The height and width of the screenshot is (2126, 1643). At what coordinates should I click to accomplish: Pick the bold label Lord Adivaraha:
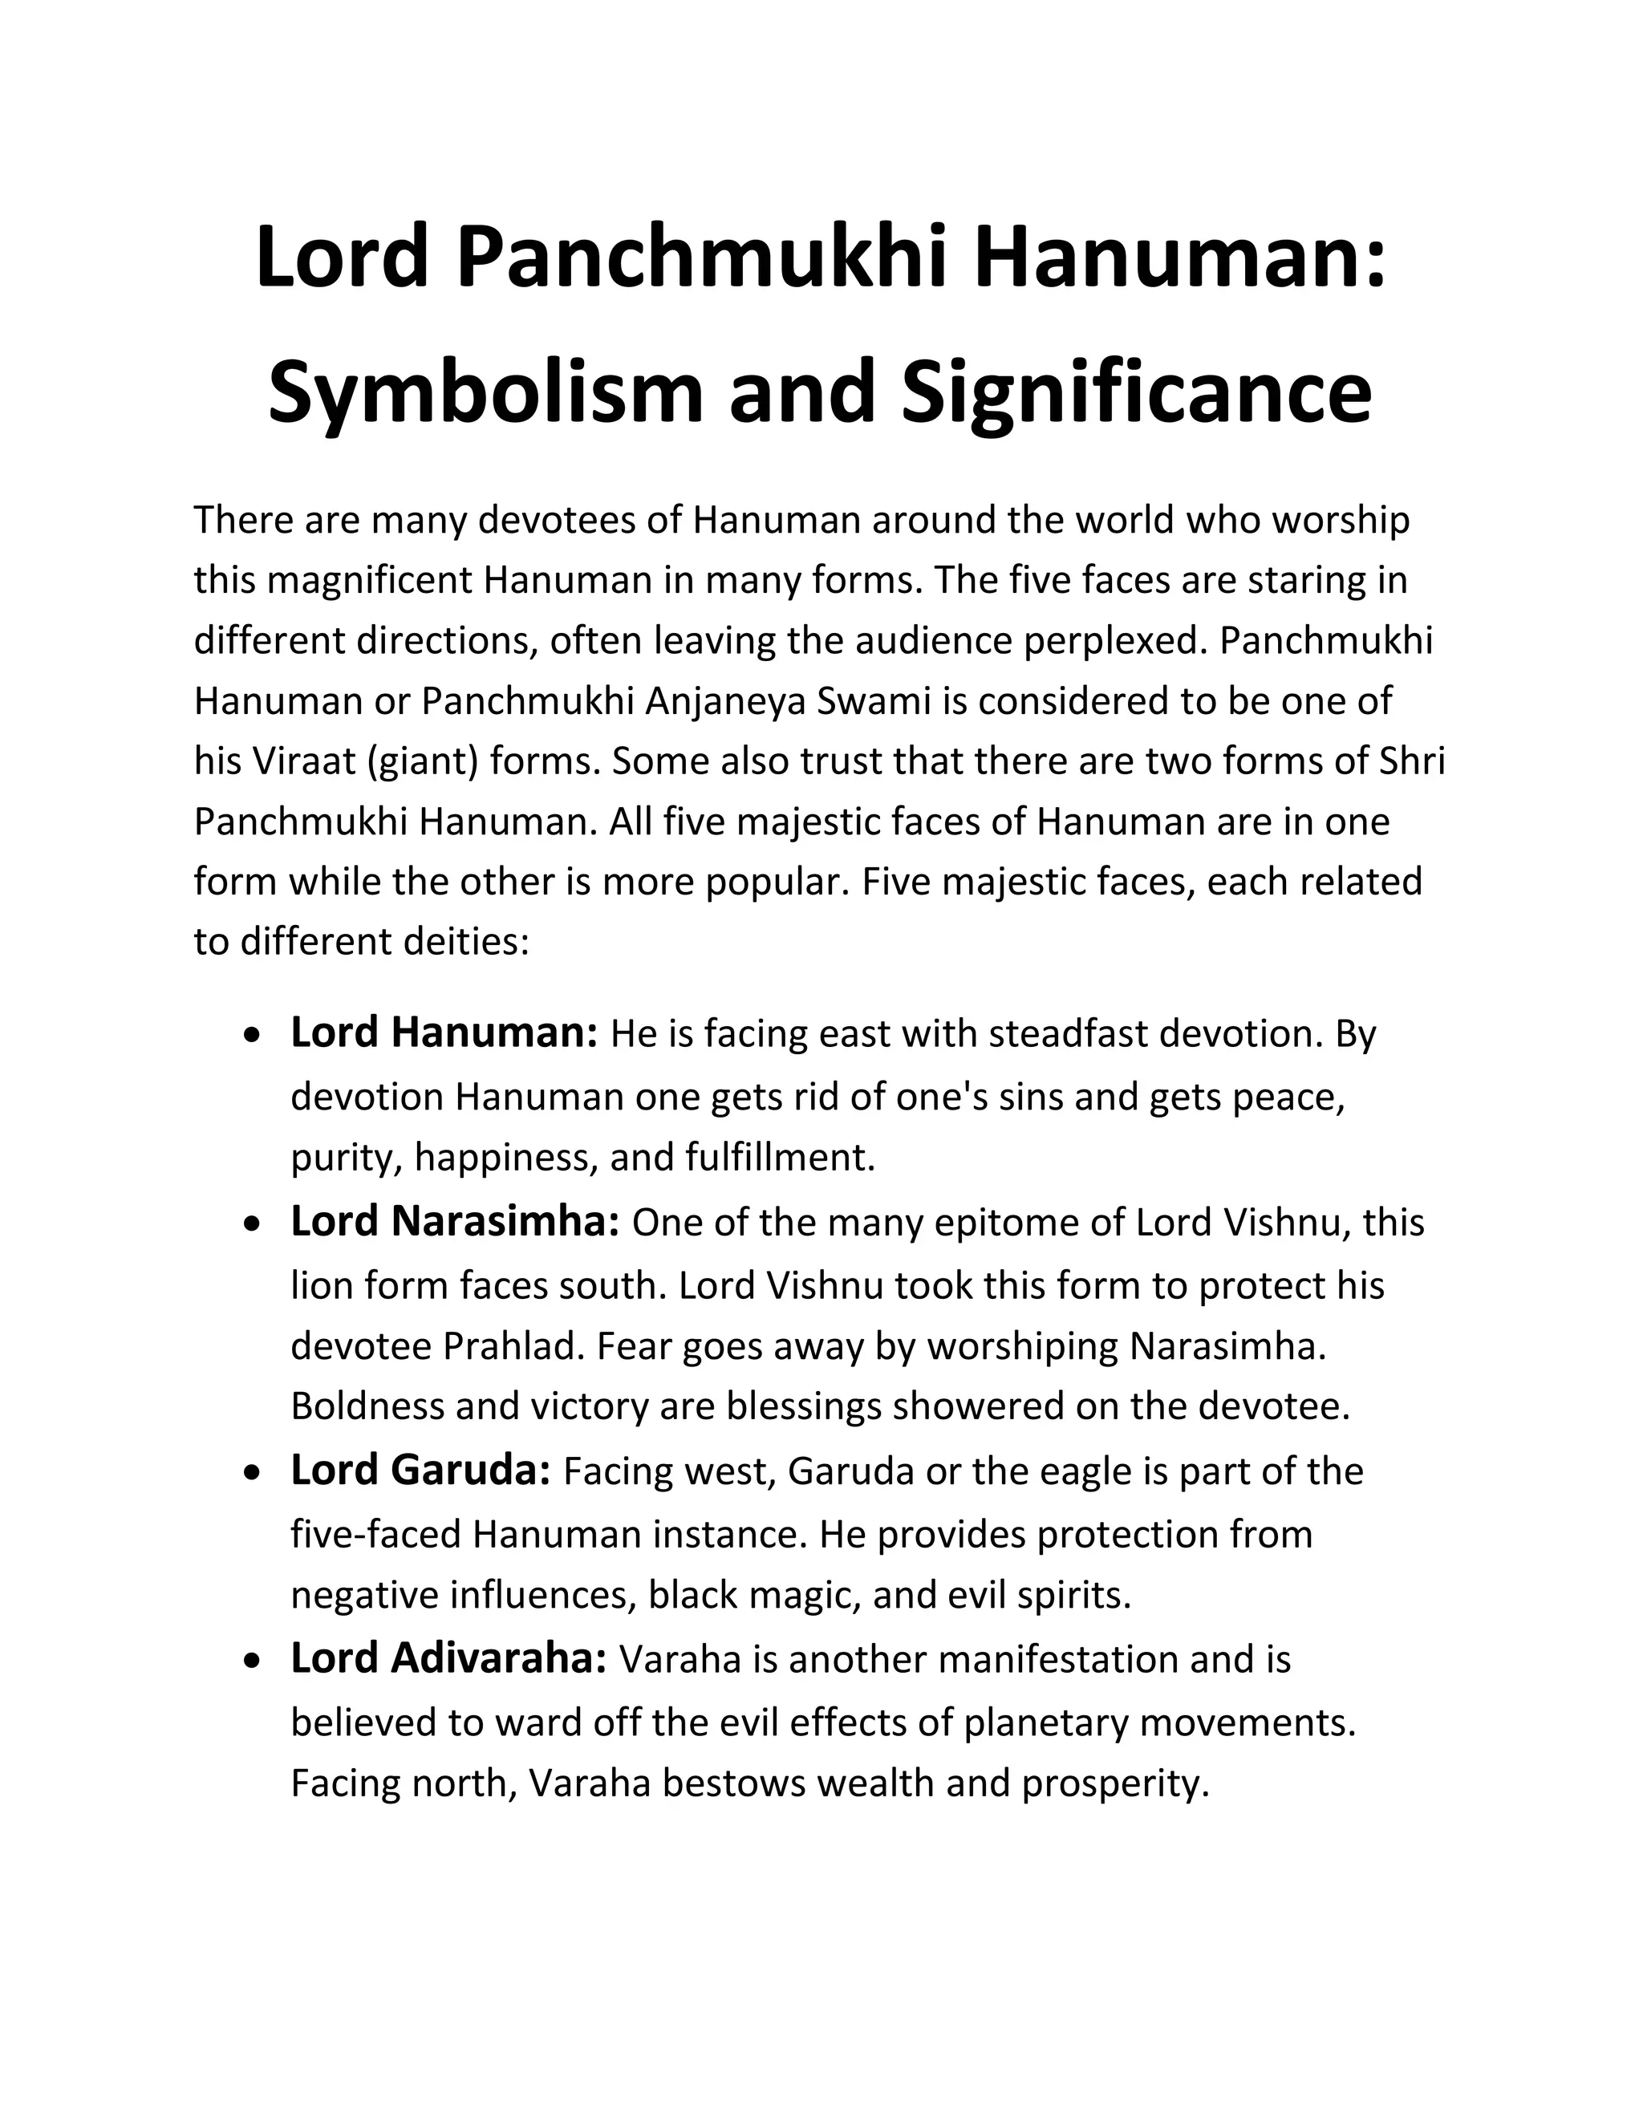pos(448,1660)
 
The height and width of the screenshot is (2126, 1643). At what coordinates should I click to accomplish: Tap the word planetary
pos(1045,1723)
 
